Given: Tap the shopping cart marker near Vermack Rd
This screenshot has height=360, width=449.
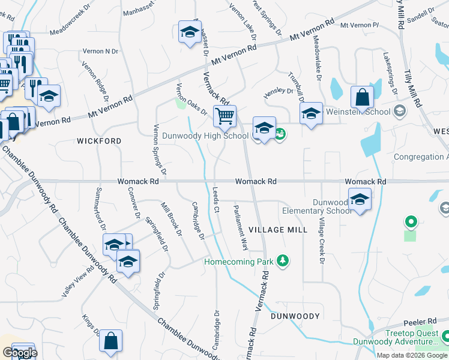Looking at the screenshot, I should tap(224, 116).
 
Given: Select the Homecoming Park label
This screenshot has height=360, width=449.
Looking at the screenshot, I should tap(238, 262).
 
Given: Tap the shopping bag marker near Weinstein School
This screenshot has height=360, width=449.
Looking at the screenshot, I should tap(362, 97).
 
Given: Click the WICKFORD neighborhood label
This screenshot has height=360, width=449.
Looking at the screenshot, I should tap(99, 141).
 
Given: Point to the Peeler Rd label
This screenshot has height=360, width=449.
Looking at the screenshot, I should tap(424, 322).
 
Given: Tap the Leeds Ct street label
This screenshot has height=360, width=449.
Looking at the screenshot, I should tap(215, 199).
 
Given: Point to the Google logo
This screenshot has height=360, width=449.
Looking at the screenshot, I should tap(19, 353).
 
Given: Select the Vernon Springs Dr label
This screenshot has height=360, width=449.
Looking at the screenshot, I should tap(158, 146).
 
